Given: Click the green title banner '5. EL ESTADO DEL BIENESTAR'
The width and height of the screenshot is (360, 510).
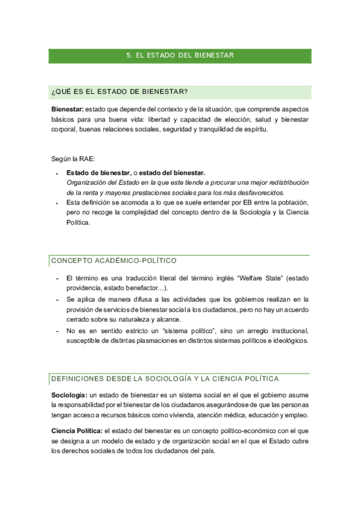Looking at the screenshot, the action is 180,55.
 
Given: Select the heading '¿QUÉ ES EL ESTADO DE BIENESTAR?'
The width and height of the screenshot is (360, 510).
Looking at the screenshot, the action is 120,91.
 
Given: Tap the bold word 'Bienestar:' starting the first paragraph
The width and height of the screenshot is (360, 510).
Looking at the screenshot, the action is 67,109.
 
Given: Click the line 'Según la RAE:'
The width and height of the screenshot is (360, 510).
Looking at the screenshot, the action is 70,159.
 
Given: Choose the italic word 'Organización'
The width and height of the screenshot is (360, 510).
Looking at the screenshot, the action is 85,182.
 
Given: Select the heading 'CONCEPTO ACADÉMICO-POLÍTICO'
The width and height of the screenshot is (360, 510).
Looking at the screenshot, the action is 114,261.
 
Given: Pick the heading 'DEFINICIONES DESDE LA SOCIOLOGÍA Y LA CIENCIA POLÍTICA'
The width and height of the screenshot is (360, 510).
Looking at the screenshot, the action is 165,379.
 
